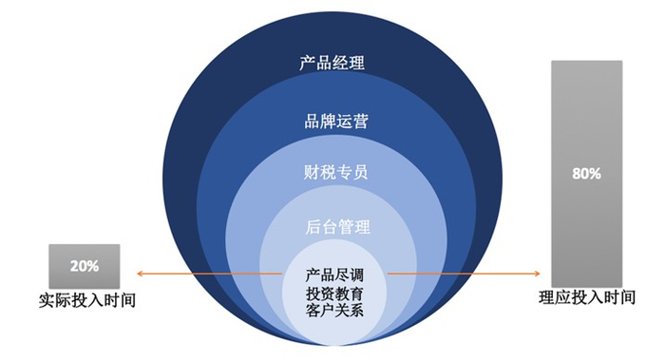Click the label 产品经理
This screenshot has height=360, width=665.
pyautogui.click(x=332, y=65)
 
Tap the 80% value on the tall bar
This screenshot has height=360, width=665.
pyautogui.click(x=586, y=175)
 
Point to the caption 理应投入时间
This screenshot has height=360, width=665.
pyautogui.click(x=586, y=298)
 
